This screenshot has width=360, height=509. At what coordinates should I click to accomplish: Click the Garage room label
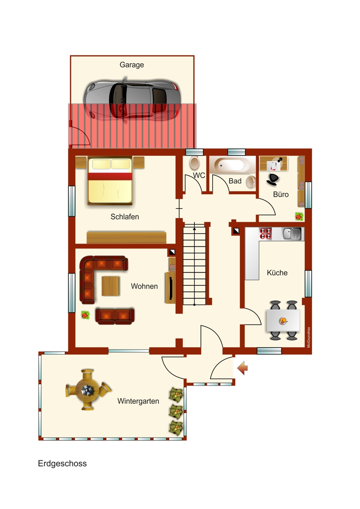coord(132,65)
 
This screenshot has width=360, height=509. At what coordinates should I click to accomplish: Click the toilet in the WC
coord(194,163)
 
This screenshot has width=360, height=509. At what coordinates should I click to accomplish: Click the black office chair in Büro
coord(273,179)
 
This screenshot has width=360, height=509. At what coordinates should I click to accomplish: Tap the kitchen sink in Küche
coord(292,233)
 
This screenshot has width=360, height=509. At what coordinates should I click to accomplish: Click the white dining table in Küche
coord(282,321)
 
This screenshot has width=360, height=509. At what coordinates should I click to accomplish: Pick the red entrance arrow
coord(242,368)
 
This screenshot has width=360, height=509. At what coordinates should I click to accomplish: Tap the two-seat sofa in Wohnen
coord(115,316)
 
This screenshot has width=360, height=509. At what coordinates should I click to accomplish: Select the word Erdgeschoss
coord(62,464)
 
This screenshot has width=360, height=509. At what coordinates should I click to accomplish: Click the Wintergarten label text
coord(138,401)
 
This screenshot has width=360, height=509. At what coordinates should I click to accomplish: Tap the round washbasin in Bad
coord(251,182)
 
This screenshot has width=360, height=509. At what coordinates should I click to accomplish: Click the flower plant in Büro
coord(299,216)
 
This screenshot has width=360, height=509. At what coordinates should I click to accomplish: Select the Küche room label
coord(277,273)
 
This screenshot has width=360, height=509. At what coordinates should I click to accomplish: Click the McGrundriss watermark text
coord(309,337)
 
